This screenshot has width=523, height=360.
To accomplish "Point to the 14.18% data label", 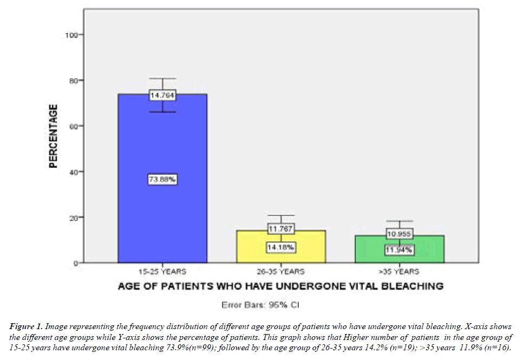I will click(x=281, y=247).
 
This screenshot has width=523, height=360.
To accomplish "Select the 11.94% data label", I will click(x=399, y=250).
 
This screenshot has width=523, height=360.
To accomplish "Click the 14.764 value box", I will click(x=162, y=96).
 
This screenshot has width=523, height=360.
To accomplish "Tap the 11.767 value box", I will click(x=281, y=229).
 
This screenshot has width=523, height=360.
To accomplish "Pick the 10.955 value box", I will click(x=399, y=234).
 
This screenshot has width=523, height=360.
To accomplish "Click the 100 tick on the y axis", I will click(x=70, y=35).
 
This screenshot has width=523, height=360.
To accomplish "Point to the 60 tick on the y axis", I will click(x=72, y=126).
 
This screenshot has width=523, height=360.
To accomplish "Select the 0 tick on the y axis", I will click(x=74, y=263).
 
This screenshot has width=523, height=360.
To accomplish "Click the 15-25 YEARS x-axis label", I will click(x=162, y=271).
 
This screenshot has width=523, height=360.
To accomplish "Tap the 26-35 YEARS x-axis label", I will click(x=281, y=271).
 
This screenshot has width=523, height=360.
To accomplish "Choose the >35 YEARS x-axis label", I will click(x=399, y=271).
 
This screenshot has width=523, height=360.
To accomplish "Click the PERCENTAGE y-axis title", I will click(x=53, y=135).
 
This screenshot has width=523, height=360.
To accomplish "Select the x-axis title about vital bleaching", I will click(x=280, y=285).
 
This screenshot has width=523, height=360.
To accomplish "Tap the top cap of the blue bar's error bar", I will click(x=162, y=78).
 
